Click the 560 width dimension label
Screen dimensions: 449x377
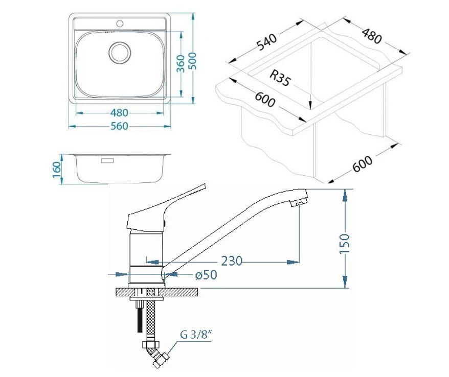pyautogui.click(x=119, y=126)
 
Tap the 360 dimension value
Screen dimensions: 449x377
pyautogui.click(x=181, y=64)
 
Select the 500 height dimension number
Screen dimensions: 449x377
pyautogui.click(x=194, y=61)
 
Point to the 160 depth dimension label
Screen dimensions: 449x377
pyautogui.click(x=57, y=169)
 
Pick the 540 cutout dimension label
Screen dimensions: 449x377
pyautogui.click(x=266, y=42)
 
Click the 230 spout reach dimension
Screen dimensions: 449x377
pyautogui.click(x=232, y=261)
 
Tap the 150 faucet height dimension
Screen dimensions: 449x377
pyautogui.click(x=344, y=244)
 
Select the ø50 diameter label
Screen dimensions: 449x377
pyautogui.click(x=206, y=275)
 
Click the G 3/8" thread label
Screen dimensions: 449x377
pyautogui.click(x=196, y=335)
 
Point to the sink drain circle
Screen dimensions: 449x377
pyautogui.click(x=120, y=53)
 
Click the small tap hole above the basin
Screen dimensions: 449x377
pyautogui.click(x=120, y=23)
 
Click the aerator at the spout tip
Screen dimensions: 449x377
pyautogui.click(x=297, y=204)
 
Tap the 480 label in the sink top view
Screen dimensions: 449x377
pyautogui.click(x=119, y=113)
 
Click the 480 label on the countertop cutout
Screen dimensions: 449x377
pyautogui.click(x=372, y=35)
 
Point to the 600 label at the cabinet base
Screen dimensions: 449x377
pyautogui.click(x=363, y=164)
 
